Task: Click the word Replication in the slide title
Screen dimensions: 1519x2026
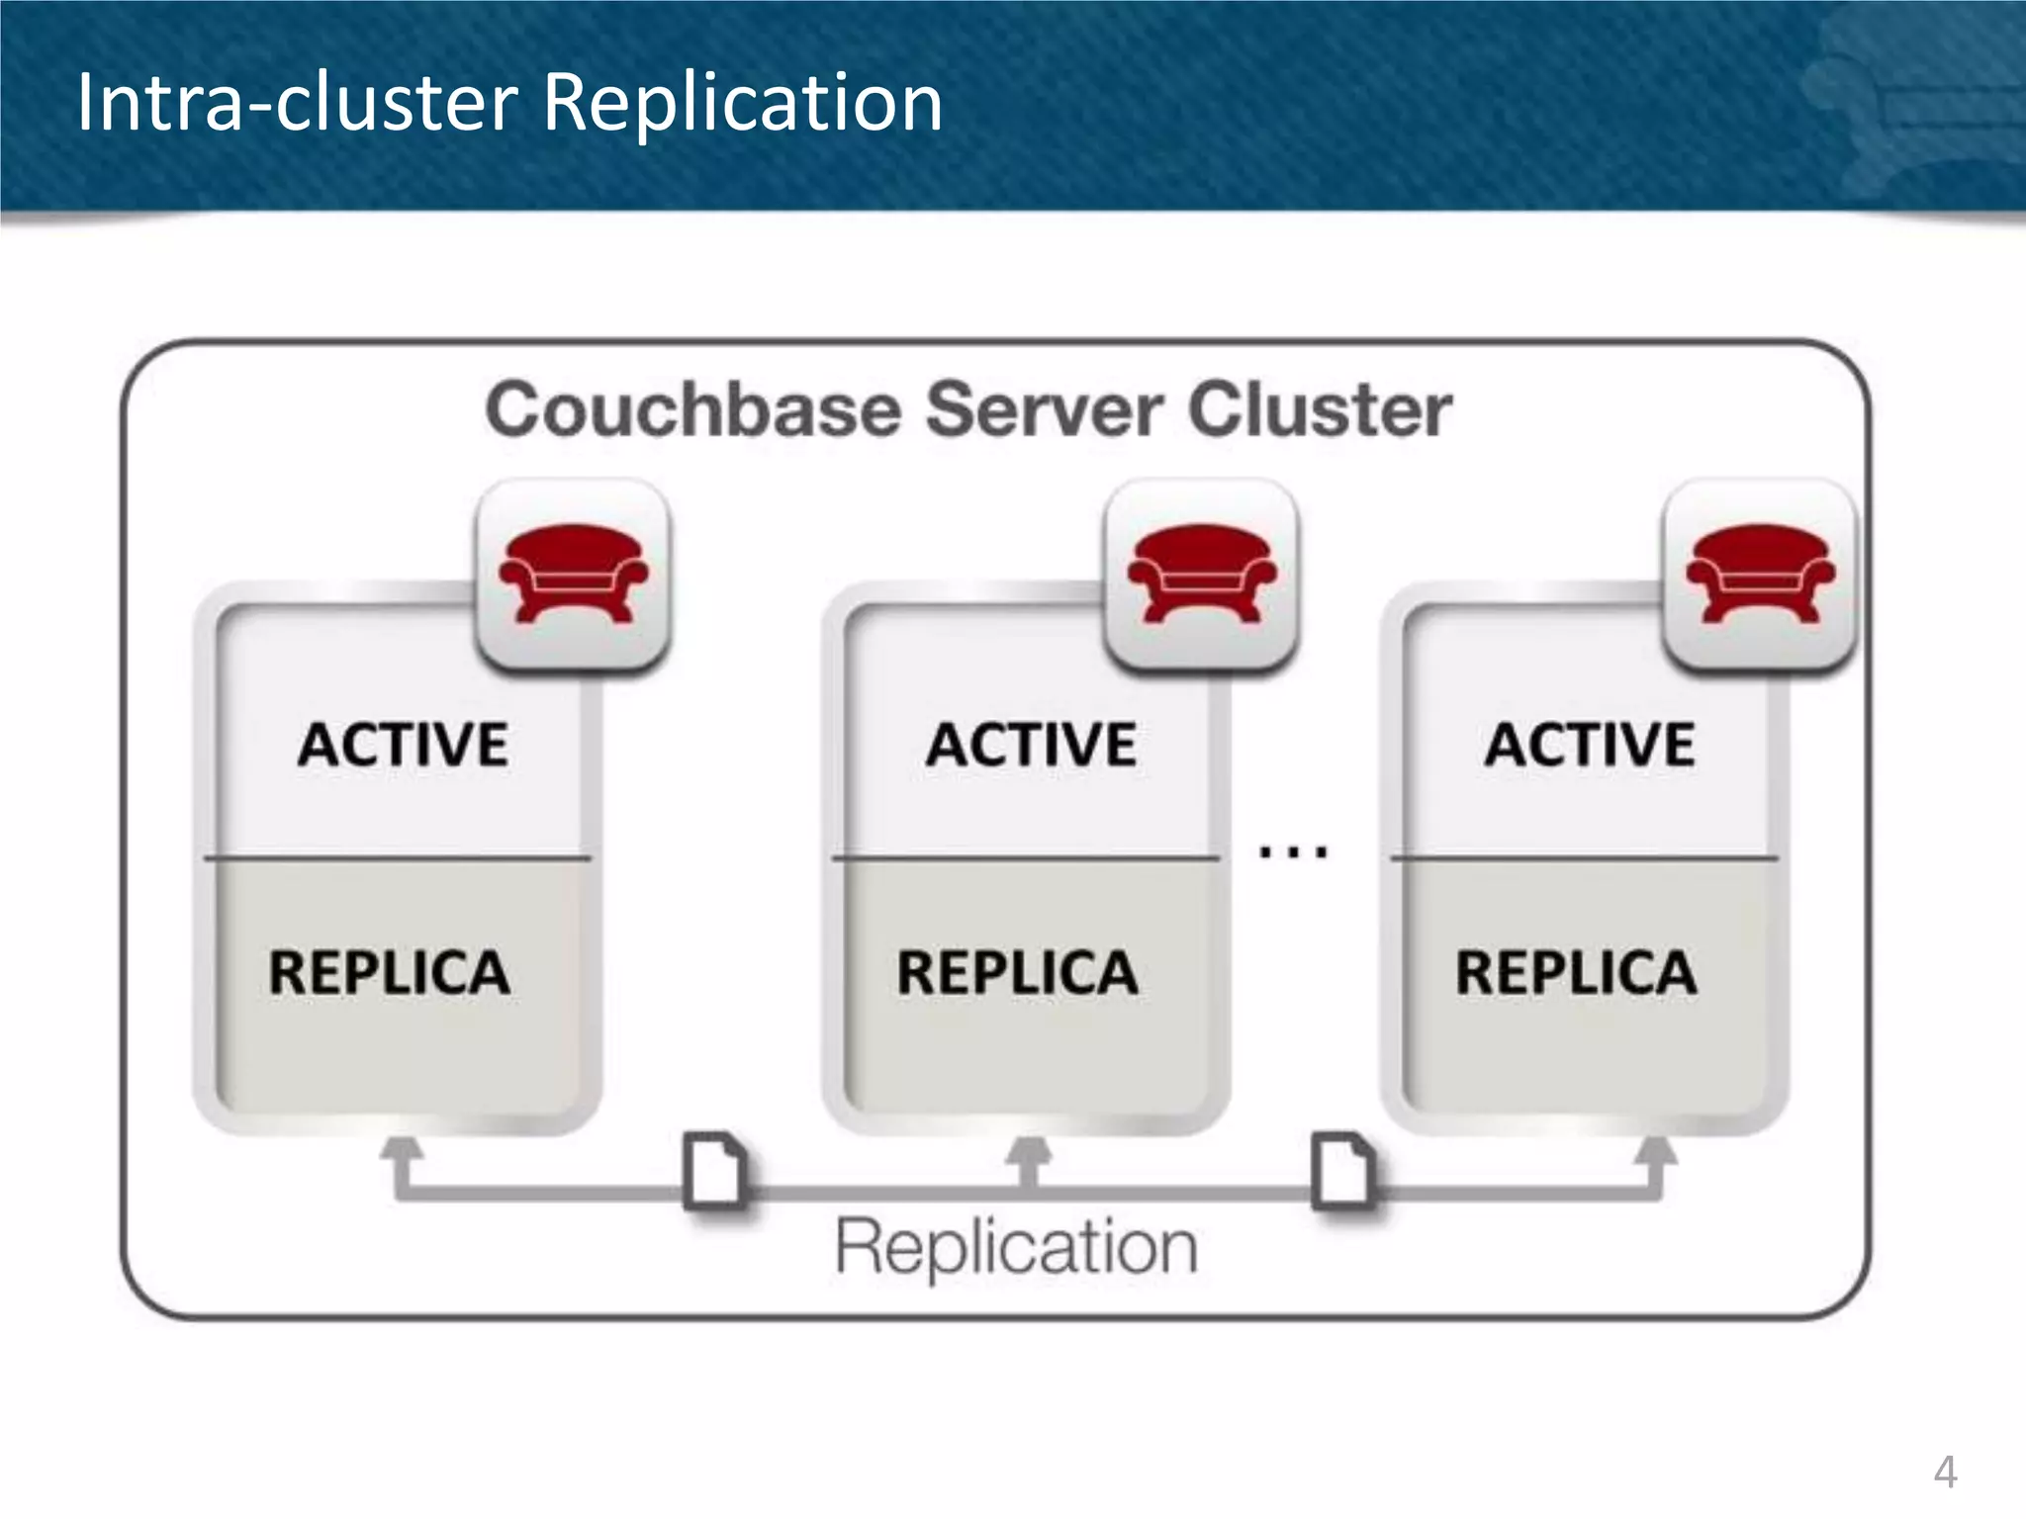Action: [743, 103]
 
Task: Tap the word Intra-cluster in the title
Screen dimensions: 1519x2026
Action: [297, 103]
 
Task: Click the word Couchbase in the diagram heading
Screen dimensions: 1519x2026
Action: [693, 409]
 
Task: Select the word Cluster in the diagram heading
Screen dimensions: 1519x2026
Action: [1320, 409]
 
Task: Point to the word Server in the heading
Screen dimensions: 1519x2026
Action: [1044, 409]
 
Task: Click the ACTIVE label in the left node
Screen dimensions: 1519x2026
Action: [404, 745]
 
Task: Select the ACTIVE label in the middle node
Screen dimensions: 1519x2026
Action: [1032, 745]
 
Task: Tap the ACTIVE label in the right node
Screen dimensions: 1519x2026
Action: [1590, 745]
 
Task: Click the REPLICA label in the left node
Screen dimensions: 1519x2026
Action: [390, 972]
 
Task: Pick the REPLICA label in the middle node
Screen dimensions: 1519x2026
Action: [1018, 972]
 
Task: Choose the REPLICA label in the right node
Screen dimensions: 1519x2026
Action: [1576, 972]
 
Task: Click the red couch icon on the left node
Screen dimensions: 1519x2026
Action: [574, 574]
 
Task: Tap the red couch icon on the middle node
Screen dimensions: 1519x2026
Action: [1202, 574]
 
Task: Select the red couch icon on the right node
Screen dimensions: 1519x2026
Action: [1760, 574]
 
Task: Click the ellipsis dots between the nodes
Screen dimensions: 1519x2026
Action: [1293, 851]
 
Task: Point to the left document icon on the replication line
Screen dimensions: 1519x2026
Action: [715, 1170]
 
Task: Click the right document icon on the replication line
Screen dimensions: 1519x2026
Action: [1342, 1170]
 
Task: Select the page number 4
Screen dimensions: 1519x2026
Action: [1945, 1473]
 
